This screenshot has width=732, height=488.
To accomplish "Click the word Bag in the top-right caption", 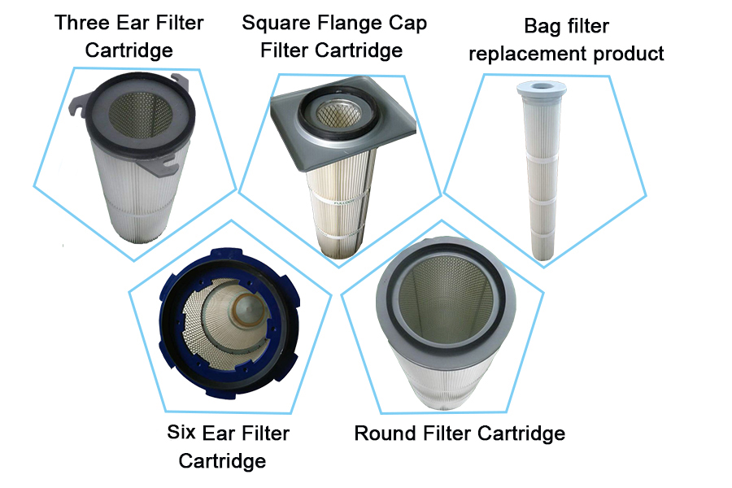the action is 541,27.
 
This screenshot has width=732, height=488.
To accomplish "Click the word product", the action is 629,54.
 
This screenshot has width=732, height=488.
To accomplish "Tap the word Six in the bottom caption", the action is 181,432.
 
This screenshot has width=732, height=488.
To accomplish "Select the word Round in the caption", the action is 386,434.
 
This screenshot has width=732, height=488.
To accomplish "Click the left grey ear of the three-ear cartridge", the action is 78,103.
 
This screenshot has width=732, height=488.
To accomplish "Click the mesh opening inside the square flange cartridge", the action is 338,114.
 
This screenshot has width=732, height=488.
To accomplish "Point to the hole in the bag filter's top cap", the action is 541,86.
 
